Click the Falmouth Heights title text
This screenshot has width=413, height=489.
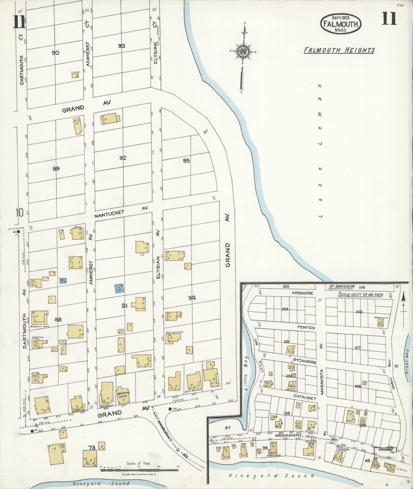[x=339, y=50]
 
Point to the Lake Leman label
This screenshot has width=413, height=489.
[x=320, y=151]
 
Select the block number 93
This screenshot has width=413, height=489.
[x=122, y=46]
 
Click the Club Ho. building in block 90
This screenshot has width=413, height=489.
[x=75, y=76]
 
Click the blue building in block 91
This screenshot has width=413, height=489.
[x=119, y=288]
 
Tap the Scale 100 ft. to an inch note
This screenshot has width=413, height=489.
[x=361, y=294]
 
